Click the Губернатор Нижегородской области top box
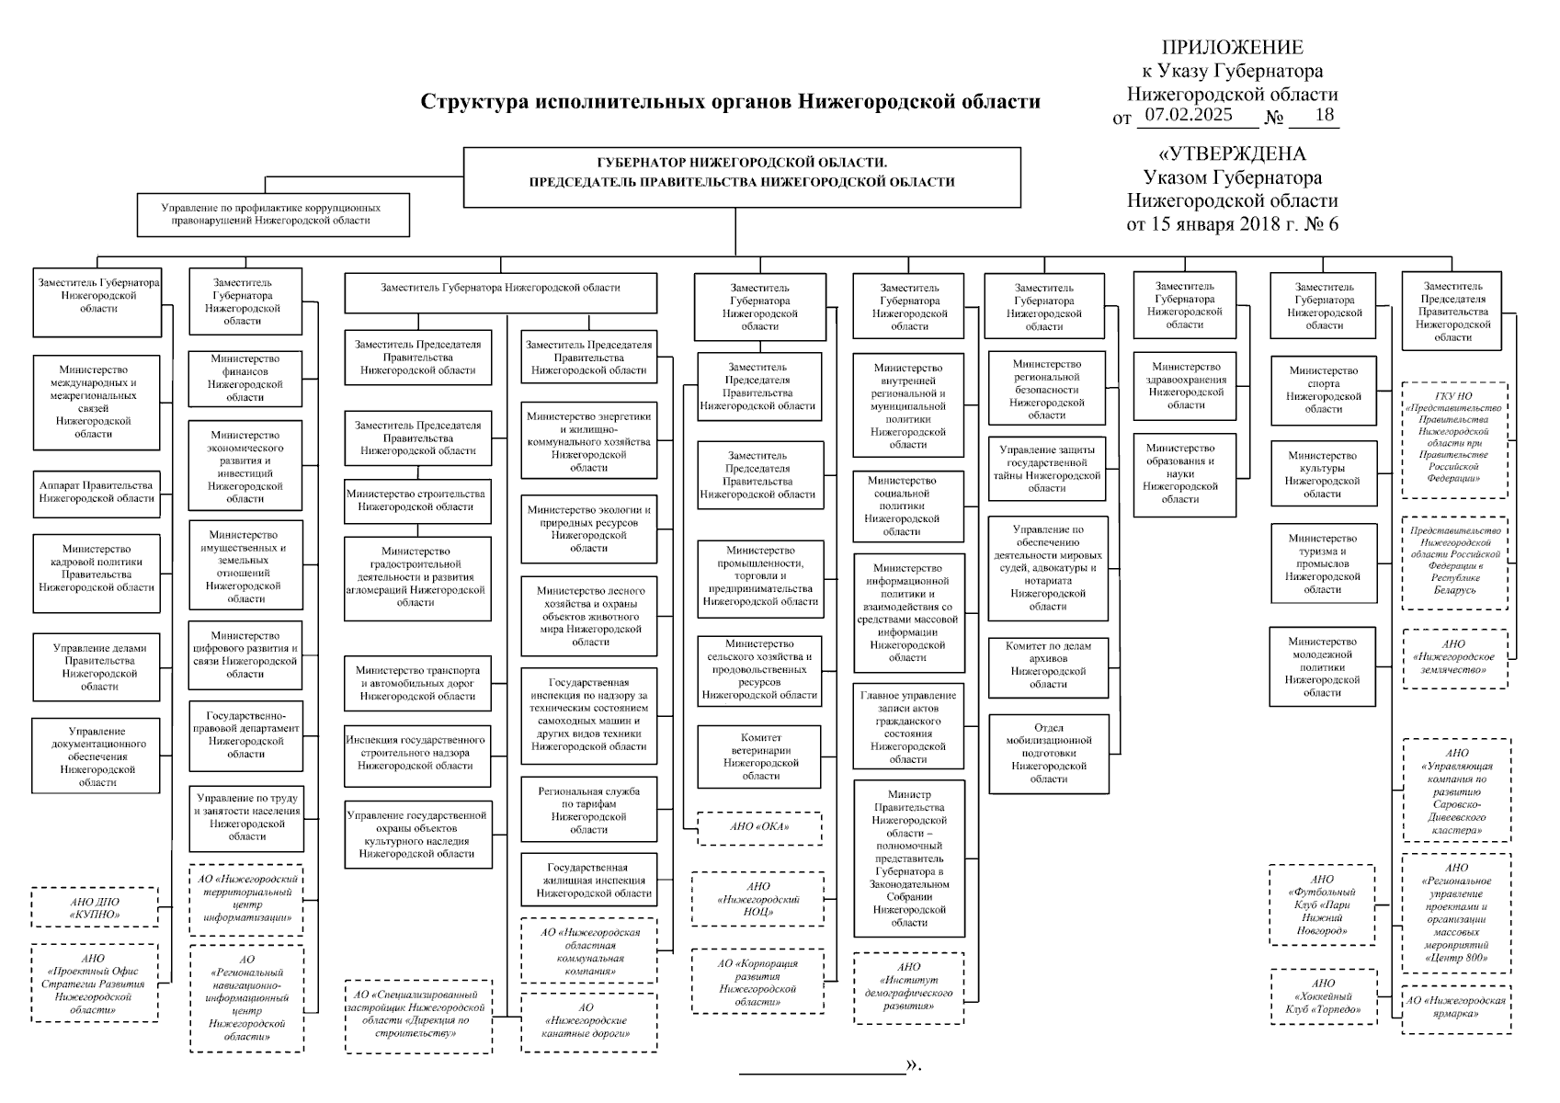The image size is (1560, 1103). point(742,176)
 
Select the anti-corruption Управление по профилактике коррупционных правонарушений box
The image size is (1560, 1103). point(272,214)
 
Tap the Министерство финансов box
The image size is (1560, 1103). point(245,378)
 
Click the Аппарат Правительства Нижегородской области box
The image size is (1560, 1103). point(97,492)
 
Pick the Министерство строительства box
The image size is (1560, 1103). point(416,500)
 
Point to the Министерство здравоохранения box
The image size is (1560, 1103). point(1185,385)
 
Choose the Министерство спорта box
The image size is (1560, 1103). point(1323,390)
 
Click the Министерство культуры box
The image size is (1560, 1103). point(1323,474)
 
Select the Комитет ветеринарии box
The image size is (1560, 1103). point(759,756)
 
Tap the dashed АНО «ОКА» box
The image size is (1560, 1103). point(759,827)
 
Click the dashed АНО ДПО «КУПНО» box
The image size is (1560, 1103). point(95,908)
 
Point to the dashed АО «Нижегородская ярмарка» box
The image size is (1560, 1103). point(1455,1008)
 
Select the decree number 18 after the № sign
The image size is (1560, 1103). point(1324,116)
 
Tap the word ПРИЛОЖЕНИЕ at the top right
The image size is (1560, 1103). point(1232,48)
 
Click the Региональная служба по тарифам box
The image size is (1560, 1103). point(588,810)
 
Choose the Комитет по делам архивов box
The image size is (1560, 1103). point(1048,665)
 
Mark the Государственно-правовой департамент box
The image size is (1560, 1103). point(245,734)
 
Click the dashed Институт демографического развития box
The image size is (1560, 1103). point(908,987)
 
